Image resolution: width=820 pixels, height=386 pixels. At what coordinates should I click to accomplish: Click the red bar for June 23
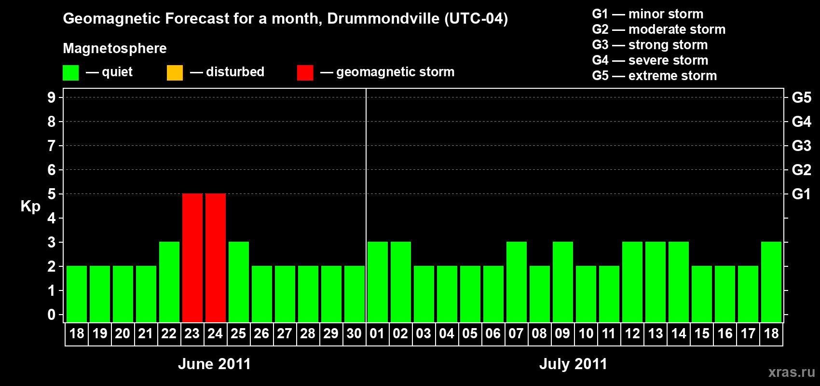click(192, 258)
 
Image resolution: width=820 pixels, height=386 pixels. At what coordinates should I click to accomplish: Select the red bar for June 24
click(216, 258)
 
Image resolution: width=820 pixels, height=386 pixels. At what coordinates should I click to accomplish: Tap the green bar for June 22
click(169, 282)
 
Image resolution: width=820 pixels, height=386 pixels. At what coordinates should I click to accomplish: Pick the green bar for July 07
click(517, 282)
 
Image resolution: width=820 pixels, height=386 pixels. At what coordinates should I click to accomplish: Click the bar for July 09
click(563, 282)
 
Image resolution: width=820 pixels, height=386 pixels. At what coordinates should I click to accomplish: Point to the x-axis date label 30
click(354, 333)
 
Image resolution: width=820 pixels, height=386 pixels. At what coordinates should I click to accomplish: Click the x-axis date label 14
click(679, 333)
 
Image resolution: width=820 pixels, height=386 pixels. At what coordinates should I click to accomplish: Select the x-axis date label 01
click(377, 333)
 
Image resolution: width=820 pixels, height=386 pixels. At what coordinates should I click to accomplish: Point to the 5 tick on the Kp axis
click(52, 194)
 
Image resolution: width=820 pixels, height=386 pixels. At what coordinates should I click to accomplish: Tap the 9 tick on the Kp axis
click(52, 97)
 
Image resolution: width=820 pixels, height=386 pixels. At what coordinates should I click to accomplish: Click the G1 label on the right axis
click(801, 194)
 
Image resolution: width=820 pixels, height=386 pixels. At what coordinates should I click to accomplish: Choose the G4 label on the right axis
click(801, 122)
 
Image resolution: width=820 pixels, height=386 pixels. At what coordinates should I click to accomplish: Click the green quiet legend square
click(70, 73)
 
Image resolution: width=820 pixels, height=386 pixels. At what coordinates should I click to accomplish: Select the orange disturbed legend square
click(175, 73)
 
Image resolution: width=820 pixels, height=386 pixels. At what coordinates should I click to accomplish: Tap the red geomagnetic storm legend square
click(305, 73)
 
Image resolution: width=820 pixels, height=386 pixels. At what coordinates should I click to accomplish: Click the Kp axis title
click(30, 206)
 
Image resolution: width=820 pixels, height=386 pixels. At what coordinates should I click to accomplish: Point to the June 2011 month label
click(214, 364)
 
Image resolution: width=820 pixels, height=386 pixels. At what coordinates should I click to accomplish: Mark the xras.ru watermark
click(792, 372)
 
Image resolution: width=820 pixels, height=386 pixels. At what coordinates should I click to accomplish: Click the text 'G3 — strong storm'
click(650, 45)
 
